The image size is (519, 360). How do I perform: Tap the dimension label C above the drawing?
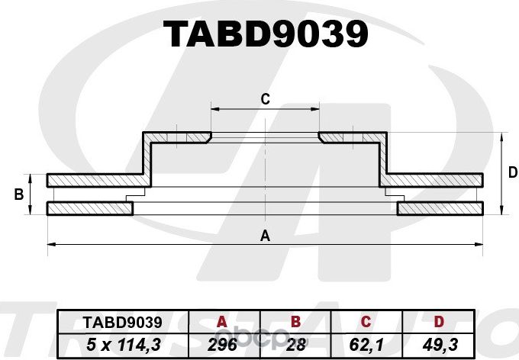click(265, 98)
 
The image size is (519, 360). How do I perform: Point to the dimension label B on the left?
click(18, 195)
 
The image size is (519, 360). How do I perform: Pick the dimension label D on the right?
click(512, 173)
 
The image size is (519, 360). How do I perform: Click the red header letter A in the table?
click(222, 322)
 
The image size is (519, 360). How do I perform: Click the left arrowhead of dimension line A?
click(51, 244)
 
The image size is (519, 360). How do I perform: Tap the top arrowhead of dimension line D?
click(501, 137)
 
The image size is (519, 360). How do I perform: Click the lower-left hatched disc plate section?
click(88, 208)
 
